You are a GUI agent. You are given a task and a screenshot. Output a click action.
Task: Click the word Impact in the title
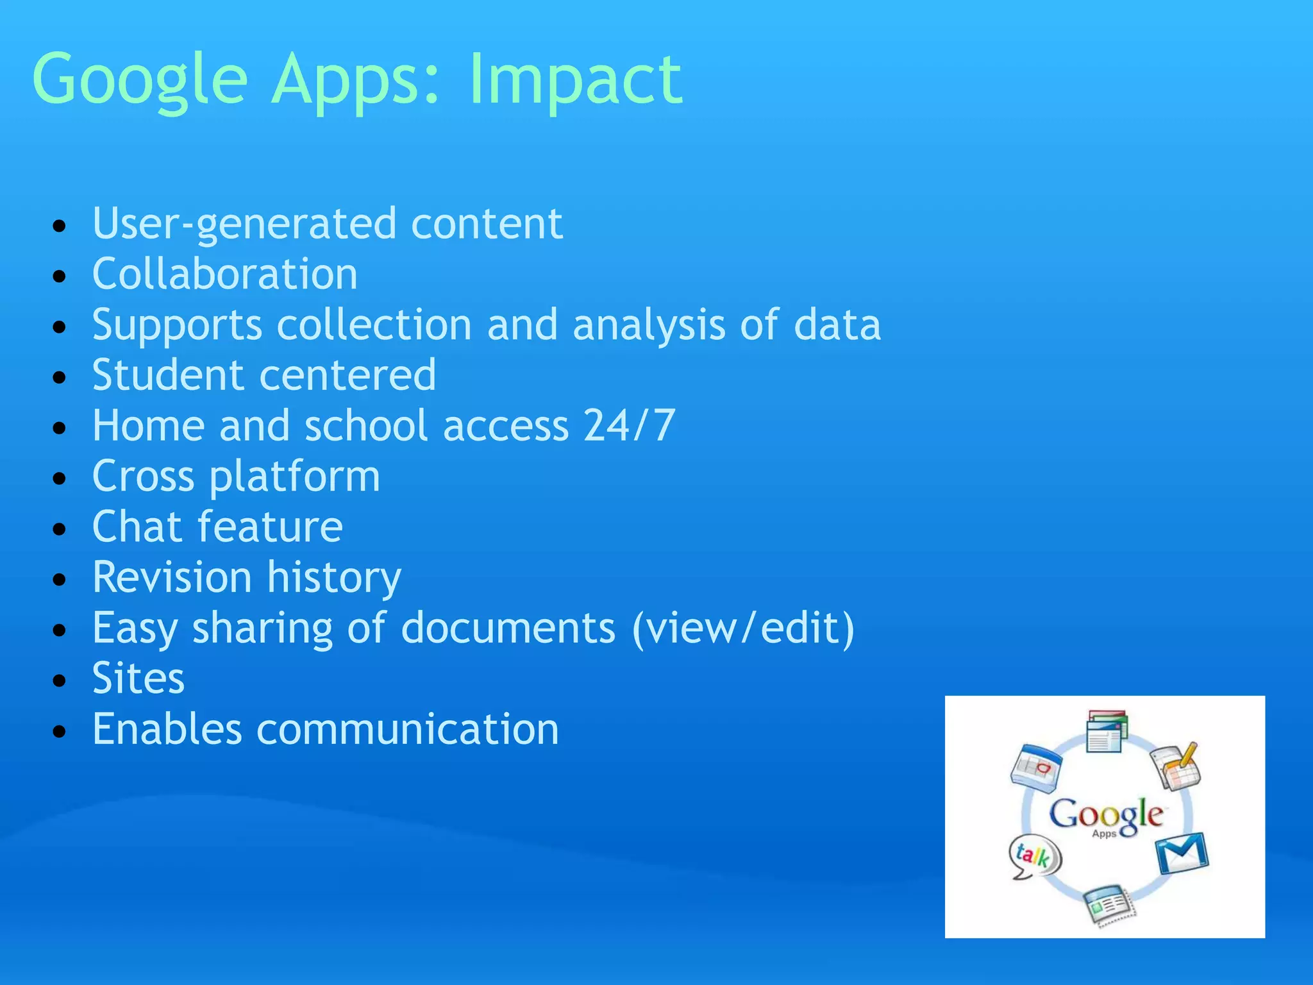575,80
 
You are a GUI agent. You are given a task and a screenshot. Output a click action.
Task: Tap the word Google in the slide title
139,80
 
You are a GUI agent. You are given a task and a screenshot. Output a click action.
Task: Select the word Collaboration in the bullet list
224,274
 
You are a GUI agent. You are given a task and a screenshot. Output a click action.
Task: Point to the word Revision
172,577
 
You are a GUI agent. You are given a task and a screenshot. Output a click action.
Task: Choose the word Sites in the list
138,678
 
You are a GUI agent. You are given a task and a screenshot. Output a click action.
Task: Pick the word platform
294,476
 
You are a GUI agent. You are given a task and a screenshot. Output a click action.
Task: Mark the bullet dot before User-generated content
60,226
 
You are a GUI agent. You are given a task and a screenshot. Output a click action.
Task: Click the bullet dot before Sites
60,680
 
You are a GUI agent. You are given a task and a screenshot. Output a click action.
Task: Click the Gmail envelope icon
1181,853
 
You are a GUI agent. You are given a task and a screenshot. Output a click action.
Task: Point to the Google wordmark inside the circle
1106,814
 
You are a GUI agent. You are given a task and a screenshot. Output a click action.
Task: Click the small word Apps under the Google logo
1104,834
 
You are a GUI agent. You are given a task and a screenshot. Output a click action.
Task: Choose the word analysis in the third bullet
649,324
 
